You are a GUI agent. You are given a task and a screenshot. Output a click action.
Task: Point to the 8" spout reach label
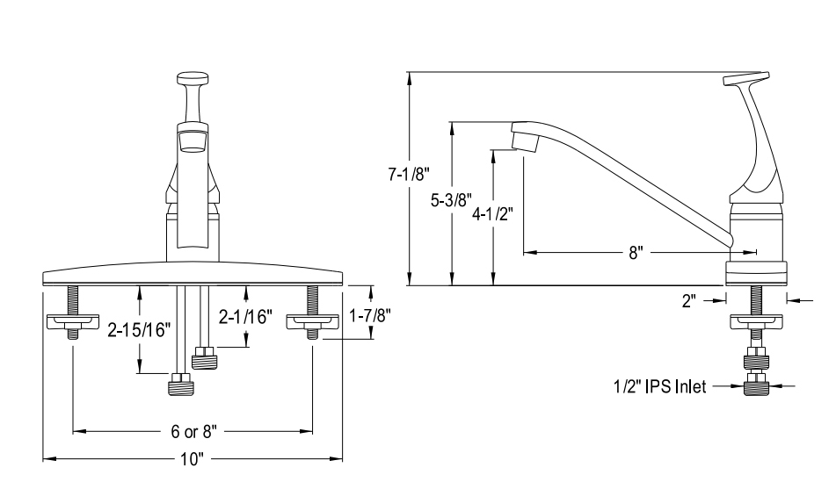[x=636, y=254]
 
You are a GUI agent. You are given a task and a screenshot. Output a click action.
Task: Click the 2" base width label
[x=688, y=300]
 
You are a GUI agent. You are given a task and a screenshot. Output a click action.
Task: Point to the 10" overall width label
[x=193, y=458]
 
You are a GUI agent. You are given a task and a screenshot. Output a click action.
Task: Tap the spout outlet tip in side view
[x=524, y=139]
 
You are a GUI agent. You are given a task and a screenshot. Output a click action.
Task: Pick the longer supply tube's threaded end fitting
[x=179, y=385]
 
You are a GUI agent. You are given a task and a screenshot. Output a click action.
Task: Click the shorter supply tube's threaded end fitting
[x=204, y=357]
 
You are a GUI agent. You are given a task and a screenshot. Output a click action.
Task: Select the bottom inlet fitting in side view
[x=755, y=387]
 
